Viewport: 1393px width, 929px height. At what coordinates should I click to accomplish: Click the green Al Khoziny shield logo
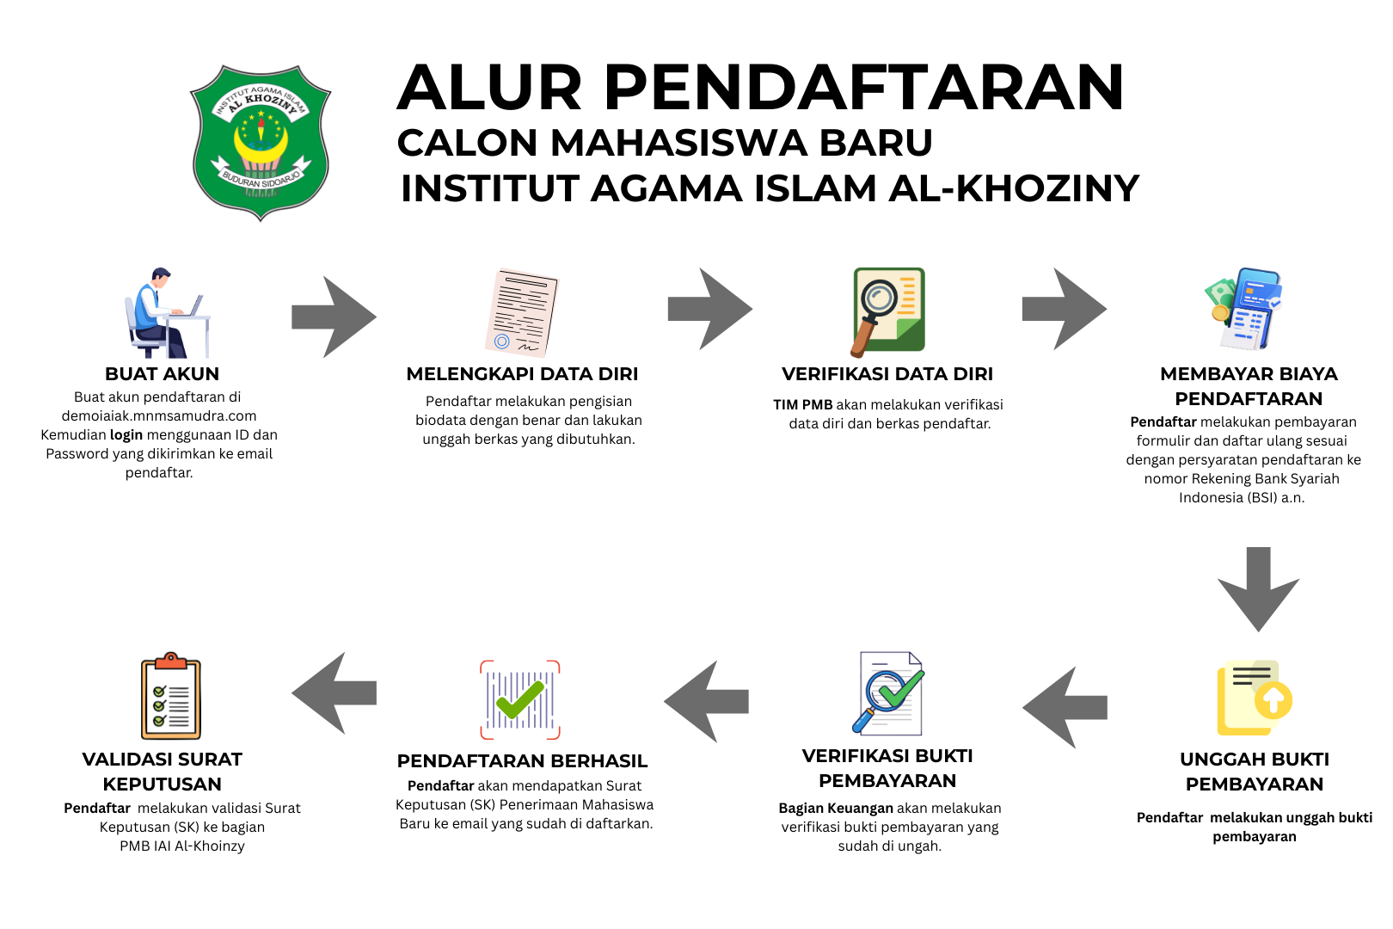[x=260, y=142]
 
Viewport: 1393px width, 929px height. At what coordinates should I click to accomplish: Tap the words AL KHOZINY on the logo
[x=262, y=102]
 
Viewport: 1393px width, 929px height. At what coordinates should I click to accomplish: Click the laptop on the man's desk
[x=197, y=305]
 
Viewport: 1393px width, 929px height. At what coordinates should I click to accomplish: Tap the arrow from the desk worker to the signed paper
[x=334, y=317]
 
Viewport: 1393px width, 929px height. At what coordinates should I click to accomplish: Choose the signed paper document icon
[x=521, y=312]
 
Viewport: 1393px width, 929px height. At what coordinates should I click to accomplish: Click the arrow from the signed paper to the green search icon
[x=709, y=309]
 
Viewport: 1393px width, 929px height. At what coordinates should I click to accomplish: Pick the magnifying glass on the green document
[x=875, y=305]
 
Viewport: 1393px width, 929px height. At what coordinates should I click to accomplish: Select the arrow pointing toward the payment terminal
[x=1064, y=309]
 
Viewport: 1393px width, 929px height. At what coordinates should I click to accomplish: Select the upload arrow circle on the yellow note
[x=1273, y=699]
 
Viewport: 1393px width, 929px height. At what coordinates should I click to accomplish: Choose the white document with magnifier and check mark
[x=890, y=693]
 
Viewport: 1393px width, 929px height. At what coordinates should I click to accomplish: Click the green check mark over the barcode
[x=520, y=699]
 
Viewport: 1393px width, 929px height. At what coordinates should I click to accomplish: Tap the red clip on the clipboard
[x=170, y=661]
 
